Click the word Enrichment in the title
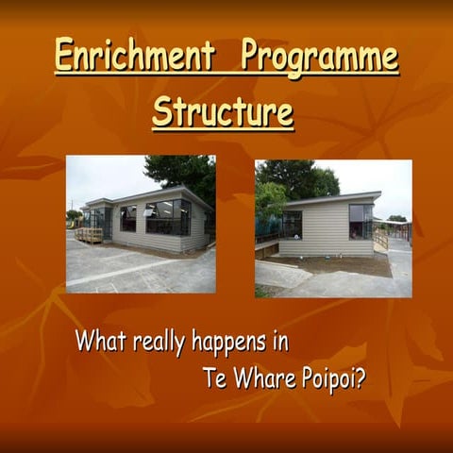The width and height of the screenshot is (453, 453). click(x=135, y=57)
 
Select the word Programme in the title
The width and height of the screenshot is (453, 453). click(x=320, y=57)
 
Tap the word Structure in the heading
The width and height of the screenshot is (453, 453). click(x=223, y=111)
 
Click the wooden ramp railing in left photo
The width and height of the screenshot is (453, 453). click(x=89, y=234)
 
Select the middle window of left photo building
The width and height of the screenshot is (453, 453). click(x=127, y=218)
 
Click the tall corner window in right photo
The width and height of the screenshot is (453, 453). click(x=361, y=222)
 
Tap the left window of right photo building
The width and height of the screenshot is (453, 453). click(x=292, y=224)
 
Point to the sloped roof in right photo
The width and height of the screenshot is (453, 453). click(x=330, y=199)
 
